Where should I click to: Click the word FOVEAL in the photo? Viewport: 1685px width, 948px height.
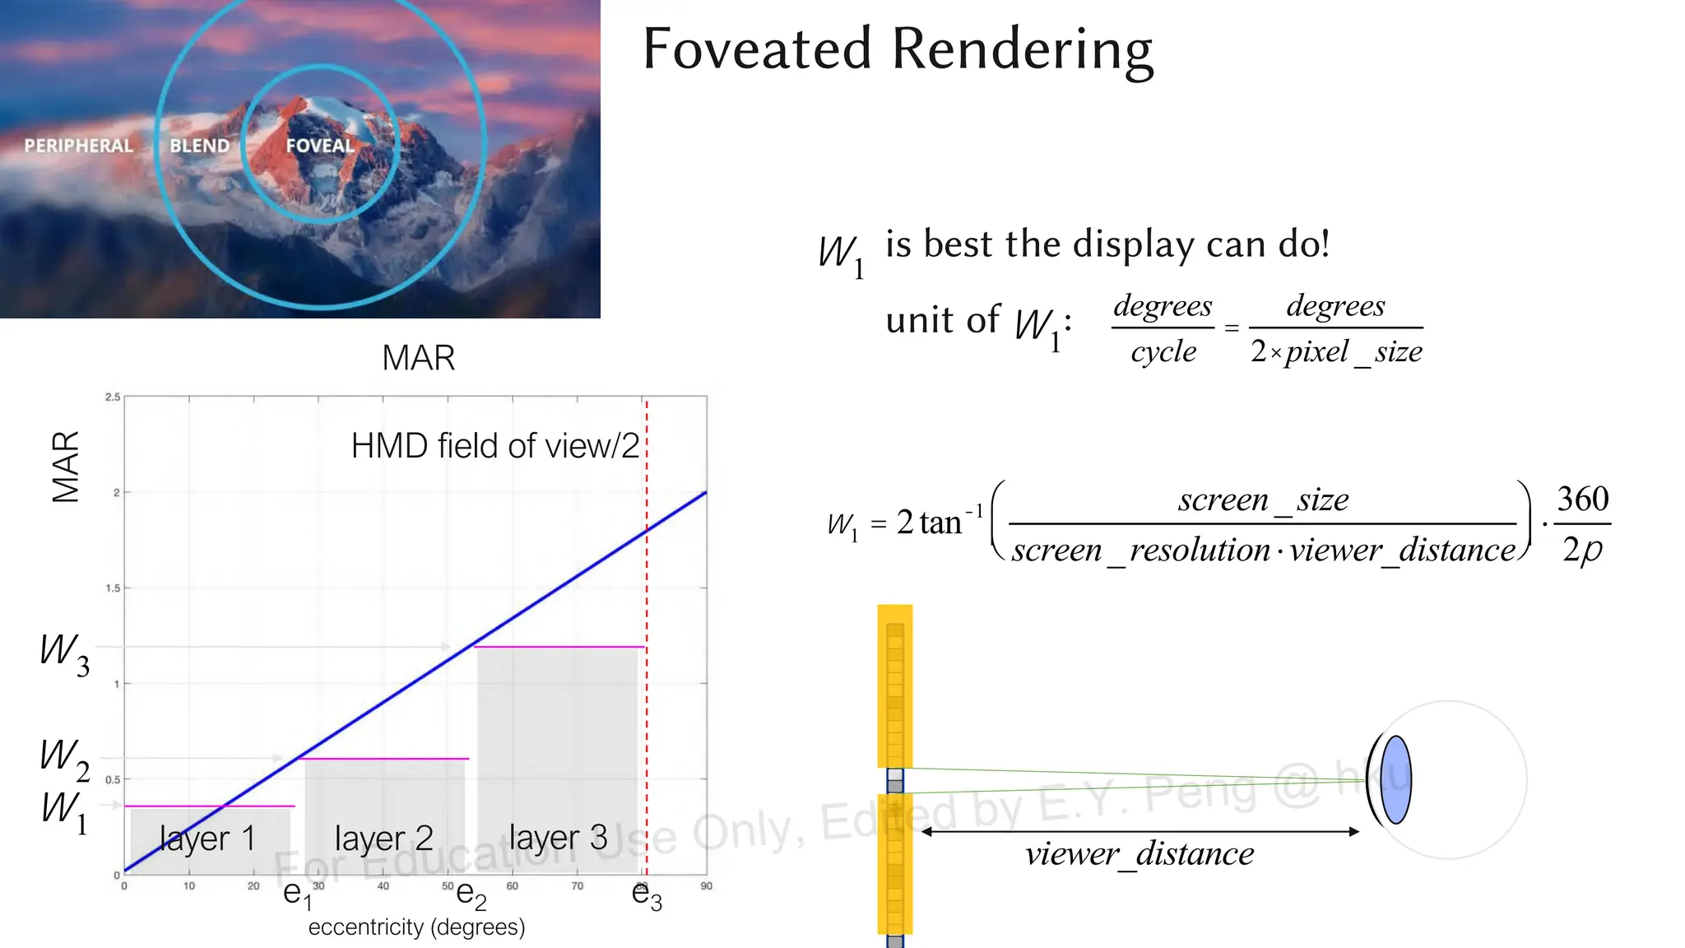(319, 146)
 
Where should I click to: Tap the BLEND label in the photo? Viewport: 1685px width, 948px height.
(199, 146)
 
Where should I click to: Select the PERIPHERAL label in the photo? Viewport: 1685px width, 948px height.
(78, 146)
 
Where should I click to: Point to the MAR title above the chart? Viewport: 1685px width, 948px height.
(418, 358)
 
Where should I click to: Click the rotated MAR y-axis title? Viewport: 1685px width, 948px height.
(66, 466)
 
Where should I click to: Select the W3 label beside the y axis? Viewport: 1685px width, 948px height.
(64, 654)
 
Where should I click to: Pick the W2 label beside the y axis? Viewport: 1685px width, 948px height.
(64, 758)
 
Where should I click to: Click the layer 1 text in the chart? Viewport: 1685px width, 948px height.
(207, 839)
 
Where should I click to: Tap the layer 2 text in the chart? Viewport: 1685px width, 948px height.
(383, 839)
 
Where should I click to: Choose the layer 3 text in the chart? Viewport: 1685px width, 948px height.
(558, 838)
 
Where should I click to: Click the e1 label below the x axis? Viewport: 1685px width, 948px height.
(297, 895)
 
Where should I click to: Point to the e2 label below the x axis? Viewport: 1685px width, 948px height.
(471, 895)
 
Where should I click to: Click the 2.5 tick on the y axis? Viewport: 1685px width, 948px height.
(113, 397)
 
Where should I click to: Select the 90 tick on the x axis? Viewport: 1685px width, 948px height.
(706, 886)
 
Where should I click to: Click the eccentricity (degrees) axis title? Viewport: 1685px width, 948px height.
(416, 927)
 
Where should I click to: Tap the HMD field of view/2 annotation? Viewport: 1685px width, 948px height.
(494, 446)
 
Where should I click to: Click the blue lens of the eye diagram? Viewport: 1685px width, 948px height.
(1396, 779)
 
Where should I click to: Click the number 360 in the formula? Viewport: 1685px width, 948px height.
(1582, 499)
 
